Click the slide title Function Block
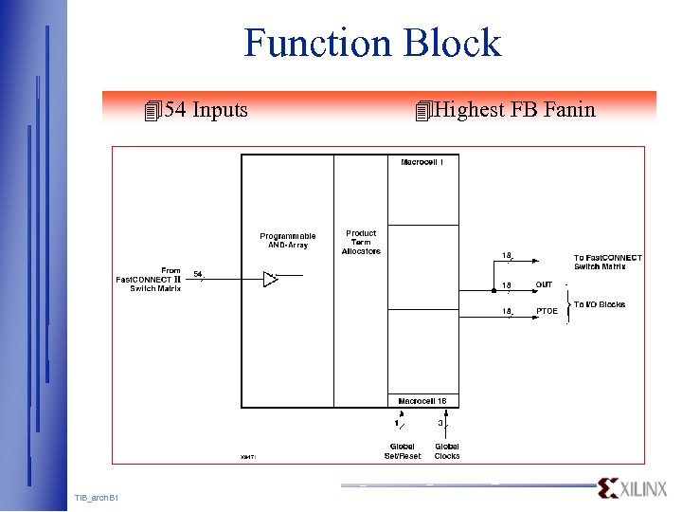371,44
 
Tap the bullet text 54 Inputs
206,110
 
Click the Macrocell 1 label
422,162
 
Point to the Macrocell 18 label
422,401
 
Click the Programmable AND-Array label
288,241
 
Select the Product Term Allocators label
361,242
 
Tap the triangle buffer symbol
271,279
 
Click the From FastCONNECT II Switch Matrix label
150,280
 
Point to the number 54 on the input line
197,274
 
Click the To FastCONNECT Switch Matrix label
607,262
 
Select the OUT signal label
545,284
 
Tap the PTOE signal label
547,311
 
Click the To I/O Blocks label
599,304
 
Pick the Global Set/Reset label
402,451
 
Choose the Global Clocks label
447,451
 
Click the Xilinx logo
632,488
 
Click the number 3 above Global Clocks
440,423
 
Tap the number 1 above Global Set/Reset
396,423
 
